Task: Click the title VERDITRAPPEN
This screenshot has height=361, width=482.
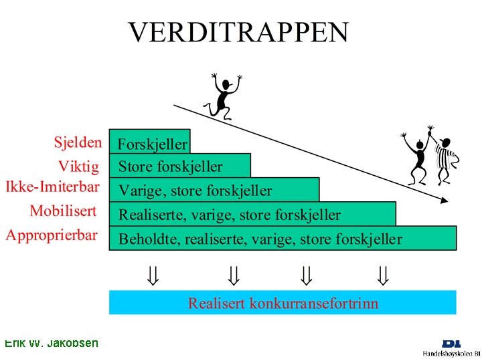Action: point(239,32)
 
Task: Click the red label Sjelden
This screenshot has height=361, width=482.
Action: point(78,142)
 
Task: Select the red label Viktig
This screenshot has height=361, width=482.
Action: point(79,166)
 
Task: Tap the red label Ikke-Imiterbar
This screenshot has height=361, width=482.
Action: point(53,186)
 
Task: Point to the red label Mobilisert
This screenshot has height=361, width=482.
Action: point(63,211)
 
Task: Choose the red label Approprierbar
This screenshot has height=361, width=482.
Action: point(52,235)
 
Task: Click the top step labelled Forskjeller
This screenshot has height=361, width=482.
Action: point(153,144)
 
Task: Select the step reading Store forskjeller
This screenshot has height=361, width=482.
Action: point(171,166)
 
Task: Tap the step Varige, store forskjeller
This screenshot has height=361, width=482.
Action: point(195,191)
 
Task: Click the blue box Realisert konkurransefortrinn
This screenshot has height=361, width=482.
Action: point(283,304)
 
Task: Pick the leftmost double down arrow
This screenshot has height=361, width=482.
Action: point(153,274)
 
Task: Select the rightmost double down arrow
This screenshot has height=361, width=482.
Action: point(382,274)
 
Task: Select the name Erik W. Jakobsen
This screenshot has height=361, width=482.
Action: point(51,344)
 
